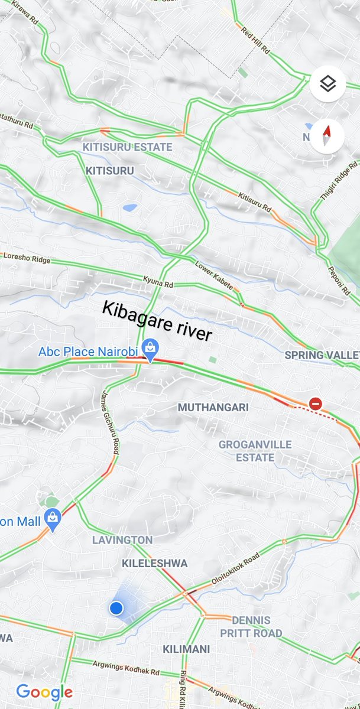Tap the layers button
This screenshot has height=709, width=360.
pos(327,84)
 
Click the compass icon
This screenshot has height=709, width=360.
pos(327,136)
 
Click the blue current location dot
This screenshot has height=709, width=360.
pos(116,607)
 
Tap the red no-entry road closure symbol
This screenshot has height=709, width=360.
pos(316,404)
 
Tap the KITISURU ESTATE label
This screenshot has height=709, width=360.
pos(127,147)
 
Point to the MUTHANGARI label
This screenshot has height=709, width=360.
pos(213,408)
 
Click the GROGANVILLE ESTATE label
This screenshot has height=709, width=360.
pos(247,451)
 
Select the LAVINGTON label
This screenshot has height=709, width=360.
pos(122,539)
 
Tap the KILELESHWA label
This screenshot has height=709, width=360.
pos(154,564)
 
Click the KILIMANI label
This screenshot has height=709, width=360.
pos(186,649)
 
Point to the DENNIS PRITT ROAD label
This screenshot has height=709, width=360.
pos(251,627)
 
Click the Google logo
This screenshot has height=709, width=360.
pos(44,692)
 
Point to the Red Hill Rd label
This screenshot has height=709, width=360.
pos(255,41)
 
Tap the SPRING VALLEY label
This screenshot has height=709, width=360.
pos(322,355)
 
